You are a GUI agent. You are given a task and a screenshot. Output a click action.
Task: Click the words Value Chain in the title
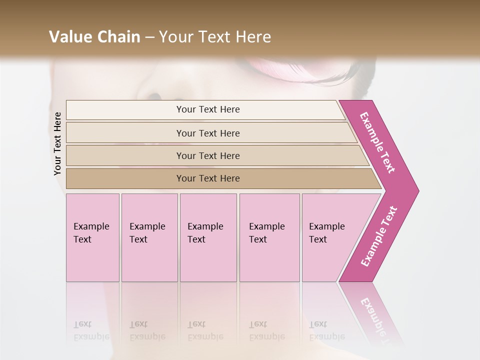click(x=94, y=36)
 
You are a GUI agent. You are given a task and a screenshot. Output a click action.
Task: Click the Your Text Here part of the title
click(x=215, y=36)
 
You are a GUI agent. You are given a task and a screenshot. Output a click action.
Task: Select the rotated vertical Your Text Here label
click(x=57, y=143)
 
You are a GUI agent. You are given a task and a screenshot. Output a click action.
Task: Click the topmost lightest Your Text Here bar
click(x=207, y=109)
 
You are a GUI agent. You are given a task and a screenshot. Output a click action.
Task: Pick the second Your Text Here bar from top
click(x=207, y=133)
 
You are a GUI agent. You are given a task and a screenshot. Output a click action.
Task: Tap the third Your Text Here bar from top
click(x=207, y=155)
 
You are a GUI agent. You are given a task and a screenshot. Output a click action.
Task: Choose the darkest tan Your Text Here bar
click(x=207, y=178)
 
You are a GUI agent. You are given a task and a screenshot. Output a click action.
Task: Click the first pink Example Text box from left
click(x=92, y=237)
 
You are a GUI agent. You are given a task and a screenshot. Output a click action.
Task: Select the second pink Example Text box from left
click(x=149, y=237)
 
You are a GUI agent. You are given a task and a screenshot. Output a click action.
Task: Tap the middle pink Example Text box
click(x=208, y=237)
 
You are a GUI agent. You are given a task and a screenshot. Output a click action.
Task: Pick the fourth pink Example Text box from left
click(x=269, y=237)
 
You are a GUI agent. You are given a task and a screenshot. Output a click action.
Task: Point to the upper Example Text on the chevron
click(x=377, y=142)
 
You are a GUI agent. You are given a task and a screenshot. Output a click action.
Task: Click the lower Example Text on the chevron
click(x=378, y=236)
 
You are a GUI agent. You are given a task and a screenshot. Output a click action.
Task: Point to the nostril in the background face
click(x=154, y=96)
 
